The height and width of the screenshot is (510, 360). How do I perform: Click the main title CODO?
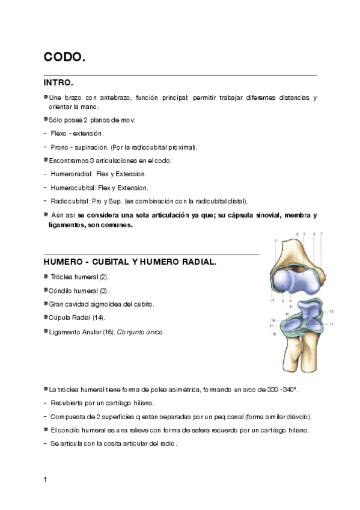64,57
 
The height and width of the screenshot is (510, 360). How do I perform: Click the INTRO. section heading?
58,82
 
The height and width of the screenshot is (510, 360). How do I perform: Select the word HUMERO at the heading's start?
63,262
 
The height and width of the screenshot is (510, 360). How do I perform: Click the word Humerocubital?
73,188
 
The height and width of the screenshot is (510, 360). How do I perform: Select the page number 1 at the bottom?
46,479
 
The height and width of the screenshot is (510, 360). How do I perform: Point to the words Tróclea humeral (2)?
80,277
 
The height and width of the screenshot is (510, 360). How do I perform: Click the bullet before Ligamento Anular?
46,331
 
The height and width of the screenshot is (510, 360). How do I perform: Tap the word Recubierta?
69,403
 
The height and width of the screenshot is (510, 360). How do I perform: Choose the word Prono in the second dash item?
60,147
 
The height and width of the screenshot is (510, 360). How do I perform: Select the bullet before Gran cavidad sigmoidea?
46,303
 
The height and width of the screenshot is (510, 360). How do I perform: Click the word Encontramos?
67,161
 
